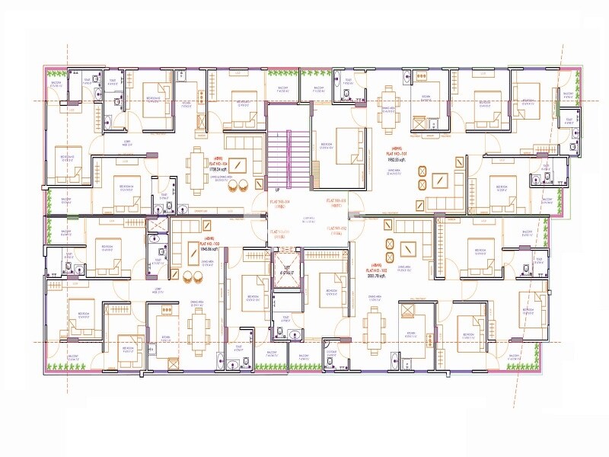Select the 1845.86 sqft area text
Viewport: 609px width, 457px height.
tap(209, 249)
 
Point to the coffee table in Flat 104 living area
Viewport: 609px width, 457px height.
tap(238, 164)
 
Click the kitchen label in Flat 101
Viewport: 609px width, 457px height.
tap(426, 98)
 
